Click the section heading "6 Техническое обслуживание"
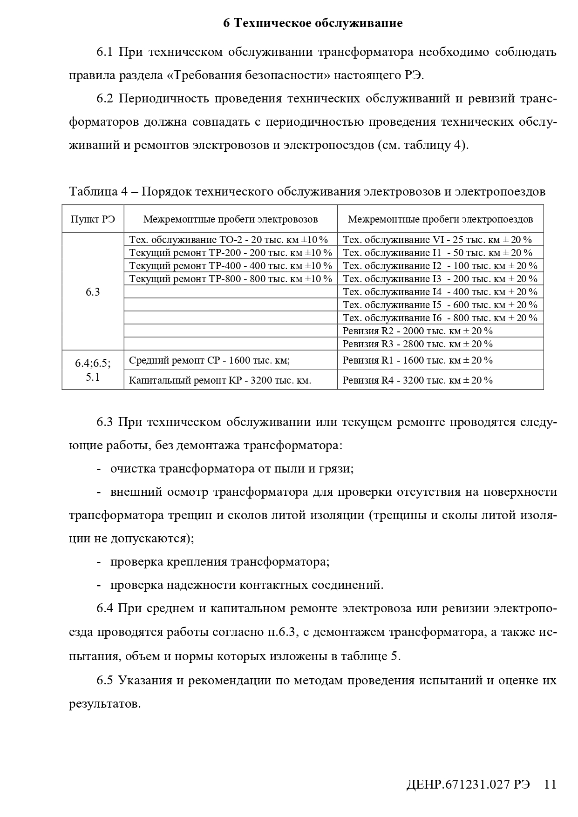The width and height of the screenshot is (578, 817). point(313,23)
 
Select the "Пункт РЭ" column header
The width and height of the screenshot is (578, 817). point(93,219)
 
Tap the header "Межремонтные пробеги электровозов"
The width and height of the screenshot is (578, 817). point(231,219)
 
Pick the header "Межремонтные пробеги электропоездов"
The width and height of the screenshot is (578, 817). point(440,219)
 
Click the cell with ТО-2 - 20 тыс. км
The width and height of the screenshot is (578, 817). point(229,240)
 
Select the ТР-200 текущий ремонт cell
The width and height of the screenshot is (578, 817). point(231,253)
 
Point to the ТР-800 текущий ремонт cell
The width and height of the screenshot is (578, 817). point(231,279)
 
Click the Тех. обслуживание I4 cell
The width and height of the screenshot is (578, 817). point(440,292)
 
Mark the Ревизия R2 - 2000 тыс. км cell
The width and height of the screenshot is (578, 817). point(417,331)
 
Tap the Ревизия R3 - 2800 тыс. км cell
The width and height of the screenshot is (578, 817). point(417,344)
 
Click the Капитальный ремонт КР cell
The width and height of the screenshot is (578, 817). point(220,380)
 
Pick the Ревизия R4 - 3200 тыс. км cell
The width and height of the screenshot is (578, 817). point(417,380)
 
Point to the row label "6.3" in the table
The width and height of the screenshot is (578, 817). point(93,292)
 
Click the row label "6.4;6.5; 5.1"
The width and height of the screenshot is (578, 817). point(93,370)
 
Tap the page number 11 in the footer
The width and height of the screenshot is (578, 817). point(550,784)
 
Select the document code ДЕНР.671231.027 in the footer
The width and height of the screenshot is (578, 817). point(468,784)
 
